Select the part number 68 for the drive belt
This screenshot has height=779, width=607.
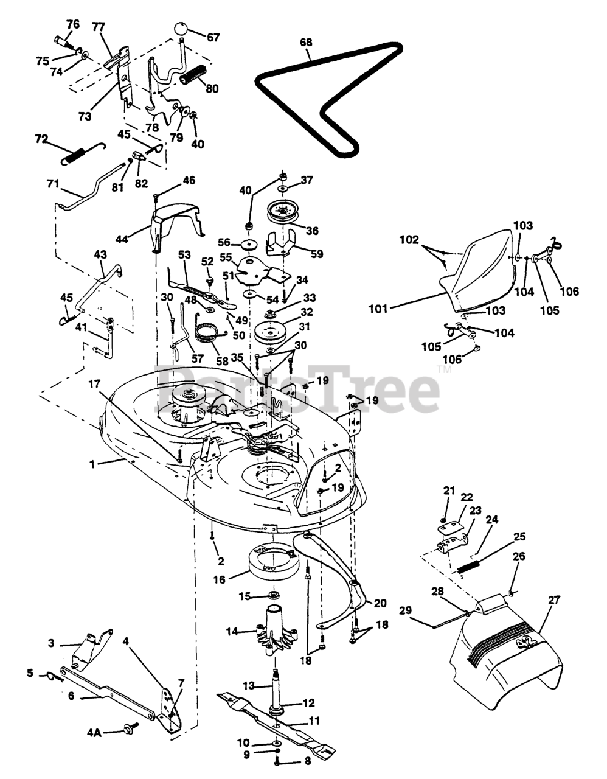click(306, 42)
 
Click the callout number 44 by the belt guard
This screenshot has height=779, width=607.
click(122, 239)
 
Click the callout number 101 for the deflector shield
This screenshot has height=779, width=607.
click(378, 309)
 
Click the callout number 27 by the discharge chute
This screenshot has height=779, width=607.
click(553, 599)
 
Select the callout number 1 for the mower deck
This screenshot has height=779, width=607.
click(92, 464)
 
